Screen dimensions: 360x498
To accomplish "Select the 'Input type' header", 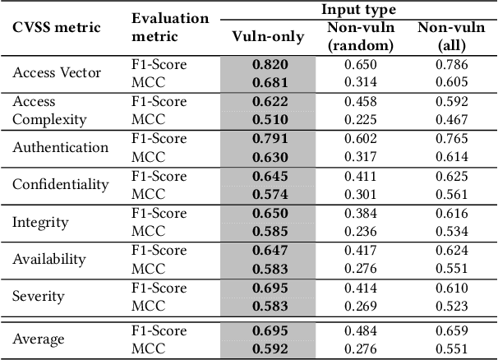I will [358, 10].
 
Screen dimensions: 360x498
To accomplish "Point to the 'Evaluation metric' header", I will [170, 27].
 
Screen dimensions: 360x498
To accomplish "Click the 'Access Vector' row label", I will [57, 72].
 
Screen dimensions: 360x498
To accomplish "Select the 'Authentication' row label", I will [60, 147].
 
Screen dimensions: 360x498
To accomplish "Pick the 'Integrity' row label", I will [40, 222].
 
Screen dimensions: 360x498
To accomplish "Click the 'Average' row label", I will [39, 339].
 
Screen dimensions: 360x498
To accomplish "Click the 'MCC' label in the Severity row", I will [148, 306].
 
